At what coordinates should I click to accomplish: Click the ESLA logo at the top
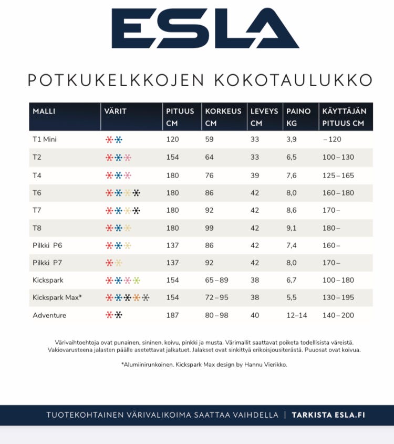[205, 29]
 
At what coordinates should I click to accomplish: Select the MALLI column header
[44, 111]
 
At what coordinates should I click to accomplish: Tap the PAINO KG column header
[298, 117]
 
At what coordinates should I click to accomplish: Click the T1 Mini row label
[45, 139]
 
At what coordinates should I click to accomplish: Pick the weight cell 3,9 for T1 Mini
[292, 139]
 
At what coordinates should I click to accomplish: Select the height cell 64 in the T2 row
[209, 157]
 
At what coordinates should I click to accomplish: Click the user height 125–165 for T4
[338, 175]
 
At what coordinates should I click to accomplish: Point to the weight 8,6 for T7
[292, 211]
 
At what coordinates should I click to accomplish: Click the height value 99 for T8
[209, 228]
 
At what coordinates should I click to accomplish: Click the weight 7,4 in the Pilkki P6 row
[292, 245]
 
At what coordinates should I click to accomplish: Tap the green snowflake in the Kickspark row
[137, 281]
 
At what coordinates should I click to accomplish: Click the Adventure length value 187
[172, 315]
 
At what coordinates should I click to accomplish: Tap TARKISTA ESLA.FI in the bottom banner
[328, 415]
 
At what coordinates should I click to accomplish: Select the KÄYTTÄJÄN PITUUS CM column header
[344, 117]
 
